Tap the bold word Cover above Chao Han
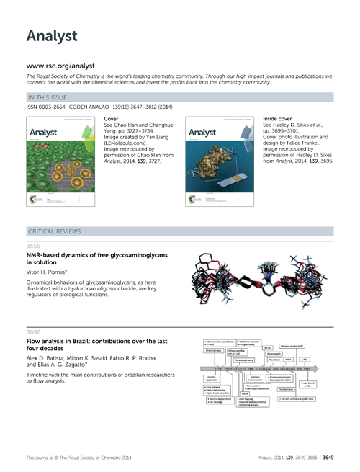point(112,117)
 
